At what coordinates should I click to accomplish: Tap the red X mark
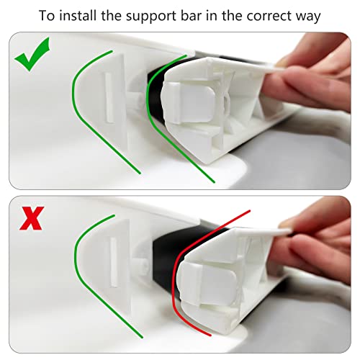coord(32,218)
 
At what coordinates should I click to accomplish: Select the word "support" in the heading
coord(148,17)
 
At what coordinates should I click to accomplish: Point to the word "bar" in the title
coord(187,16)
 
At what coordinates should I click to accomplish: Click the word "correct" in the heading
coord(269,16)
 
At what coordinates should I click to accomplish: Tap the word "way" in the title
coord(308,17)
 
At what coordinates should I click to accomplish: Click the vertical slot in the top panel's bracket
coord(109,97)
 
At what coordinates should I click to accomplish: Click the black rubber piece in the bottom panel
coord(168,259)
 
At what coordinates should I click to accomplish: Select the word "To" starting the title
coord(47,16)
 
